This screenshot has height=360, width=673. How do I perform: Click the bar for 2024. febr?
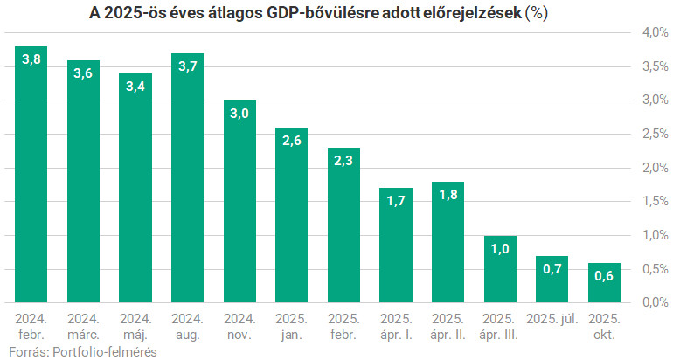(x=31, y=175)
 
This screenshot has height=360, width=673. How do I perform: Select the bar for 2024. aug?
(x=187, y=178)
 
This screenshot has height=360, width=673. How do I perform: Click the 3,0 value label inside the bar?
(x=239, y=114)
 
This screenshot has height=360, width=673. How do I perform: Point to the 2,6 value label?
(x=291, y=141)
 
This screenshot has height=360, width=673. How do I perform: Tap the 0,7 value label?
(x=551, y=269)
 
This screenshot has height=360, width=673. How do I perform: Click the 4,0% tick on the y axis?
(x=655, y=33)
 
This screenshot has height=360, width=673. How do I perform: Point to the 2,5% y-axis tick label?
(x=655, y=135)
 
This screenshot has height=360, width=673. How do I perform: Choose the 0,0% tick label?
(x=655, y=302)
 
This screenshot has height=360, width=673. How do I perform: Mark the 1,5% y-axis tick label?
(x=655, y=202)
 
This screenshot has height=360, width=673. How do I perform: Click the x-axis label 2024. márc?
(x=83, y=326)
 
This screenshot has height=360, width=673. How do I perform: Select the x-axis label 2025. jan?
(x=291, y=326)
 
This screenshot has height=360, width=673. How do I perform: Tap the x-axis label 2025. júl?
(x=551, y=319)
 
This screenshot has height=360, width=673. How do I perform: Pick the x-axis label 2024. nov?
(x=239, y=326)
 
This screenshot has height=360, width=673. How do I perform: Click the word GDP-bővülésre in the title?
(x=327, y=13)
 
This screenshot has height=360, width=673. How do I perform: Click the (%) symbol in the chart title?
(x=536, y=13)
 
